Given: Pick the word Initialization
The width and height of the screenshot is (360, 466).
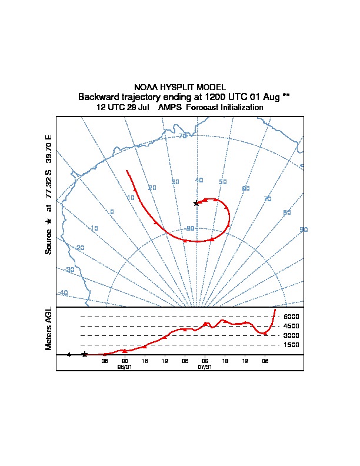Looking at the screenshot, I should coord(241,108).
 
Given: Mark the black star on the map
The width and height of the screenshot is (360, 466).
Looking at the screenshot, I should coord(196,203).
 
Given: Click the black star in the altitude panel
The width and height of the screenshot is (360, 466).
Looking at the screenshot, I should coord(85,354).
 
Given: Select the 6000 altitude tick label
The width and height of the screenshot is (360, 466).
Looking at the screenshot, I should coord(291,317).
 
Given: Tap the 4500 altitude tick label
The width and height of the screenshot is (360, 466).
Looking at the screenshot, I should coord(291,326).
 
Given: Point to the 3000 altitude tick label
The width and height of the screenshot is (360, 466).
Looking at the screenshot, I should coord(291,335).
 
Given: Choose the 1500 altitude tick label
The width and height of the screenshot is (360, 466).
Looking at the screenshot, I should coord(291,345).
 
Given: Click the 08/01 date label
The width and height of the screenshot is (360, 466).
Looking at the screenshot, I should coord(125,366).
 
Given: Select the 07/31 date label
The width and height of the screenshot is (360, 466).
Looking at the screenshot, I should coord(205,366).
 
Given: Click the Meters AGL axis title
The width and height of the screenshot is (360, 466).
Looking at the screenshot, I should coord(49,329).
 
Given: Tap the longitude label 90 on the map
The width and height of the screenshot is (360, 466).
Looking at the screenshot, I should coord(304,229).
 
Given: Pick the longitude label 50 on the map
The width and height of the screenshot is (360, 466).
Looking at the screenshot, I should coord(223,182).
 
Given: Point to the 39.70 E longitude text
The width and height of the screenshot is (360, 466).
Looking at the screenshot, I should coord(49,149).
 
